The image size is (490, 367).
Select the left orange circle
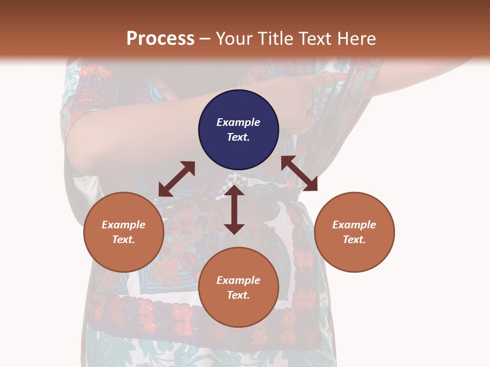coord(124,232)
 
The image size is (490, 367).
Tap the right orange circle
coord(354,232)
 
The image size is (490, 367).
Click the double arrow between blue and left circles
coord(177,179)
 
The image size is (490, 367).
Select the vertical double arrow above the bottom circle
coord(234,210)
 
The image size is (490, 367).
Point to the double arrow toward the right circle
coord(299,173)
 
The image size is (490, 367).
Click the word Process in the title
coord(160,38)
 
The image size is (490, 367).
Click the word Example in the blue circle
coord(238,122)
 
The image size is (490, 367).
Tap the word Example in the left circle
coord(124,225)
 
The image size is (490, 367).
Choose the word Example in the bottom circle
coord(238,280)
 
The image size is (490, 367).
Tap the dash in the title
coord(205,39)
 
